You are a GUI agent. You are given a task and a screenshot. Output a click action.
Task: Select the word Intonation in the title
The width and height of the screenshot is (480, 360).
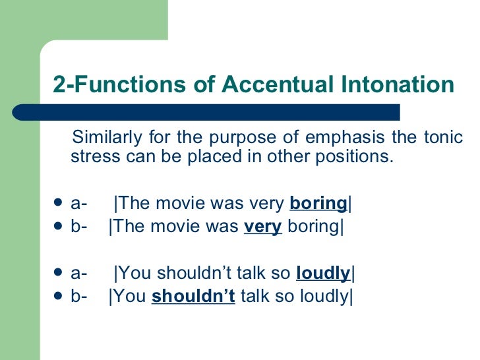pos(395,86)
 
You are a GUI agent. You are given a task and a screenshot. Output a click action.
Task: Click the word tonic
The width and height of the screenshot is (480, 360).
pos(444,138)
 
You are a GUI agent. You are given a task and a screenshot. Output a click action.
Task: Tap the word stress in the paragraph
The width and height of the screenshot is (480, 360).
pos(88,157)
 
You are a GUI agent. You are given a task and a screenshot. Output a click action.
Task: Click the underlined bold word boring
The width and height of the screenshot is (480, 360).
pos(318,204)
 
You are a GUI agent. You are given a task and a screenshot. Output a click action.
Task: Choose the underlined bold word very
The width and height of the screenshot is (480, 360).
pos(262,227)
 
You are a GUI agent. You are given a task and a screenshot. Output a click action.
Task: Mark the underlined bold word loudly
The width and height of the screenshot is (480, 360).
pos(323,272)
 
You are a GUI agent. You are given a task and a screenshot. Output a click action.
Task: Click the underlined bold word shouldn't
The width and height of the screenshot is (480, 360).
pos(193,296)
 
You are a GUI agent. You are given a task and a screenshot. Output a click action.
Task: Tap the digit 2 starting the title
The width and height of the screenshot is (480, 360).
pos(58,86)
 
